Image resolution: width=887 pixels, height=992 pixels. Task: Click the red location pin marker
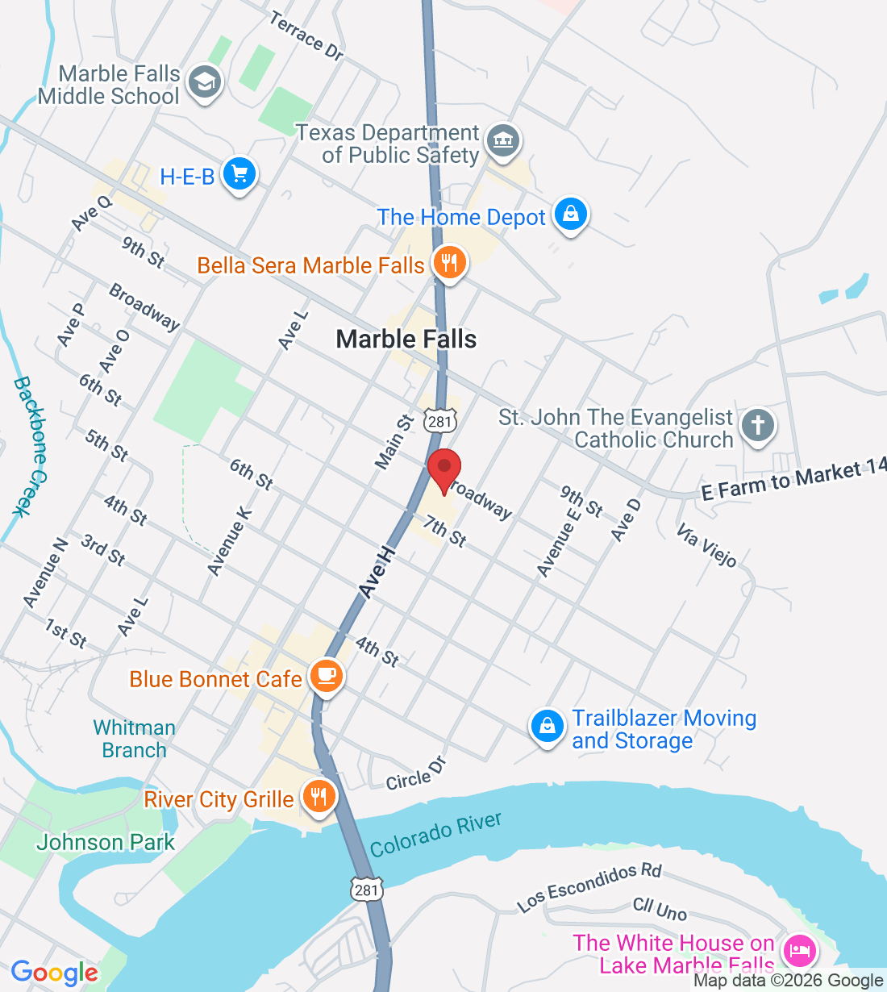(443, 469)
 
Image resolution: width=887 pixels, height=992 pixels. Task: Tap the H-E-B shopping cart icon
(239, 173)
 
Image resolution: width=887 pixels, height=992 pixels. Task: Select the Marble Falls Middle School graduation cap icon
(204, 82)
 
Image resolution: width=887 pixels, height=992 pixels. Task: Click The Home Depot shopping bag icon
(571, 215)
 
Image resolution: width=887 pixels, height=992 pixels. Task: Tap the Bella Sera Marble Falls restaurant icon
(449, 263)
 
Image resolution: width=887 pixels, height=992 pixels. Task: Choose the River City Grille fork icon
(319, 797)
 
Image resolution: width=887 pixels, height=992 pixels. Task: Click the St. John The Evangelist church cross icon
(757, 425)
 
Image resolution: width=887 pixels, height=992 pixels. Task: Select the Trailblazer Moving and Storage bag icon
(547, 727)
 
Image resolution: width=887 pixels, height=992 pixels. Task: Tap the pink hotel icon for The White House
(799, 950)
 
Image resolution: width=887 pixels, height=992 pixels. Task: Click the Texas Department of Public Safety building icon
(504, 142)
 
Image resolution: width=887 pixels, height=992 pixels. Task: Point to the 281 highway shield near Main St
(441, 422)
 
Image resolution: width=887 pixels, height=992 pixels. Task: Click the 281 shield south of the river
(366, 889)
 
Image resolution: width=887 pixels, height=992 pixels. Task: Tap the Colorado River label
(435, 836)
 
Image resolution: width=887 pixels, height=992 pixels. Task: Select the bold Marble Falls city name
(406, 340)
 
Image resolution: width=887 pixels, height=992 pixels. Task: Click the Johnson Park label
(106, 843)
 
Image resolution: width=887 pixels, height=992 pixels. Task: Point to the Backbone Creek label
(31, 445)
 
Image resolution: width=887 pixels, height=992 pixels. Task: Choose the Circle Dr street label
(415, 774)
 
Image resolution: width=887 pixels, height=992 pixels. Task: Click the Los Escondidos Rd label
(589, 887)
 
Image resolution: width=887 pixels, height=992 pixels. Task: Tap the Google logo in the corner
(54, 973)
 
